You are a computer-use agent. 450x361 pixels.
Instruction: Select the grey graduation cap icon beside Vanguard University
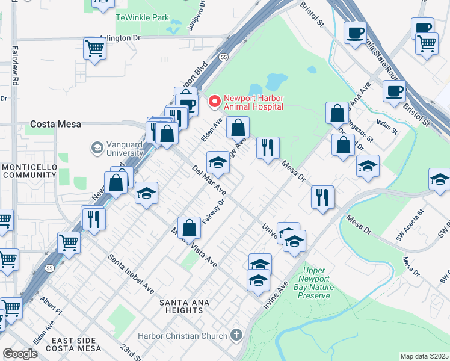coord(96,147)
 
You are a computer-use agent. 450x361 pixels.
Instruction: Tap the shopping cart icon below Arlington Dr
coord(94,48)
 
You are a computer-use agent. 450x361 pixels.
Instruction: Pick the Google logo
coord(20,354)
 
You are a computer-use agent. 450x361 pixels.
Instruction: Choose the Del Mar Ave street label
coord(209,180)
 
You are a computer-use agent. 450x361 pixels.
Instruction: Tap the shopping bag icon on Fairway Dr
coord(189,228)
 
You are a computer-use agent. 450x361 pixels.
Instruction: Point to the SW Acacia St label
coord(410,224)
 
